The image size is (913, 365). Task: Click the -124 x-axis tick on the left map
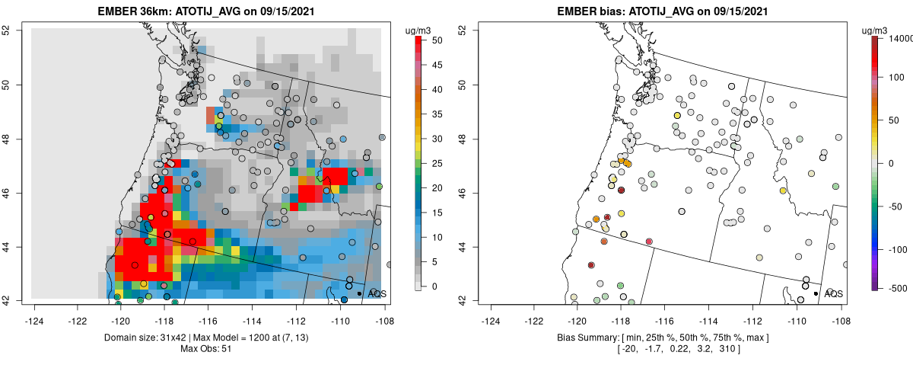34,312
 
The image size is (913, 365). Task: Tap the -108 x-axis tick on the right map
840,312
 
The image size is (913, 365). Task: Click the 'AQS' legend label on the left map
377,293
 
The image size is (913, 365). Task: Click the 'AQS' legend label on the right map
833,293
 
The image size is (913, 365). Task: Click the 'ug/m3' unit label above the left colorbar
417,30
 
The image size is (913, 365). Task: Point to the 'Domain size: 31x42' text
145,337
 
